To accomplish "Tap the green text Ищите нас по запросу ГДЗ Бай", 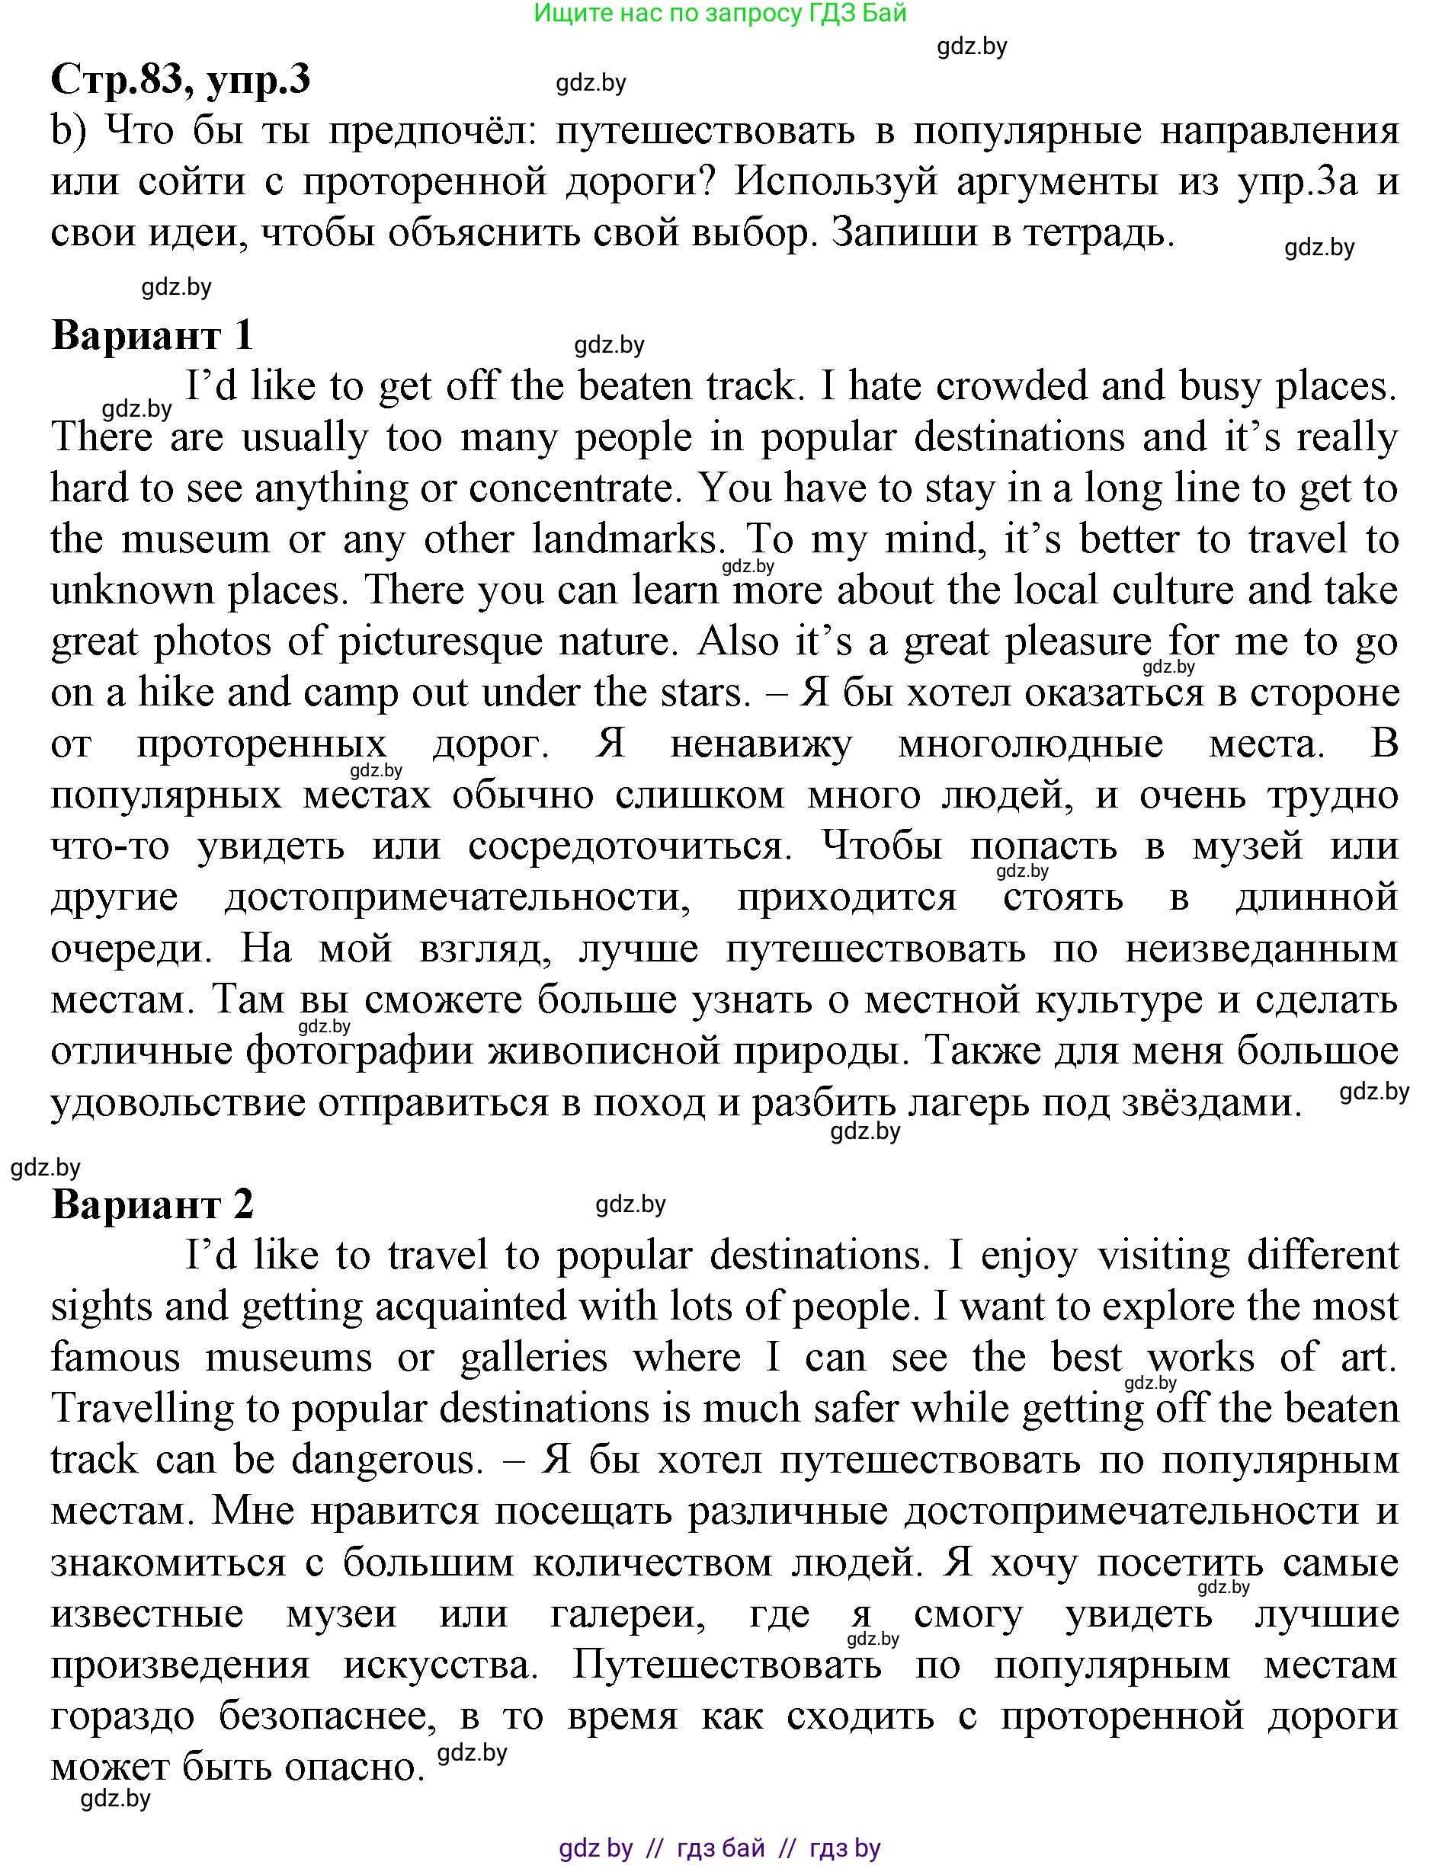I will (x=719, y=13).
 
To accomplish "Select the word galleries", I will (x=534, y=1358).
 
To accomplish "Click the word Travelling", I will (x=142, y=1408).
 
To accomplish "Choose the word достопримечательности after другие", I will (x=458, y=897).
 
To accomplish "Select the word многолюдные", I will (x=1030, y=744).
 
